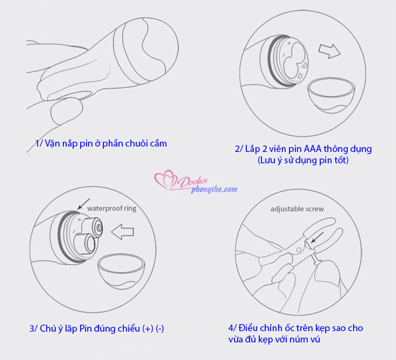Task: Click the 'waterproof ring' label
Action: pyautogui.click(x=112, y=208)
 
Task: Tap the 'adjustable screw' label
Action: pyautogui.click(x=297, y=209)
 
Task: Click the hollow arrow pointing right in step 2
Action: pyautogui.click(x=329, y=51)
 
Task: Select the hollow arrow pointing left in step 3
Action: pyautogui.click(x=123, y=232)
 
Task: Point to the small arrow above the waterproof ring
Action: pyautogui.click(x=84, y=203)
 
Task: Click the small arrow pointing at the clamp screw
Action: pyautogui.click(x=317, y=238)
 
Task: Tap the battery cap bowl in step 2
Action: pyautogui.click(x=331, y=95)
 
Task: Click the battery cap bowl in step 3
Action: pyautogui.click(x=121, y=271)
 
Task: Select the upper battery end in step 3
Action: pyautogui.click(x=98, y=227)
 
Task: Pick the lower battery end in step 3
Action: pyautogui.click(x=89, y=243)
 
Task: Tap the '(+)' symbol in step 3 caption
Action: pyautogui.click(x=147, y=329)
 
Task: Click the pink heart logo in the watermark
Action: pyautogui.click(x=166, y=180)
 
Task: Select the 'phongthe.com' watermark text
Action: pyautogui.click(x=214, y=190)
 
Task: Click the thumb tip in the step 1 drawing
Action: pyautogui.click(x=66, y=112)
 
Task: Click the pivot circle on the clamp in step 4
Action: pyautogui.click(x=298, y=250)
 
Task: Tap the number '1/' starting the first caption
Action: pyautogui.click(x=39, y=143)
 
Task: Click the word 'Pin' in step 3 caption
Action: pyautogui.click(x=85, y=329)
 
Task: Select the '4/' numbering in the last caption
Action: pyautogui.click(x=232, y=328)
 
